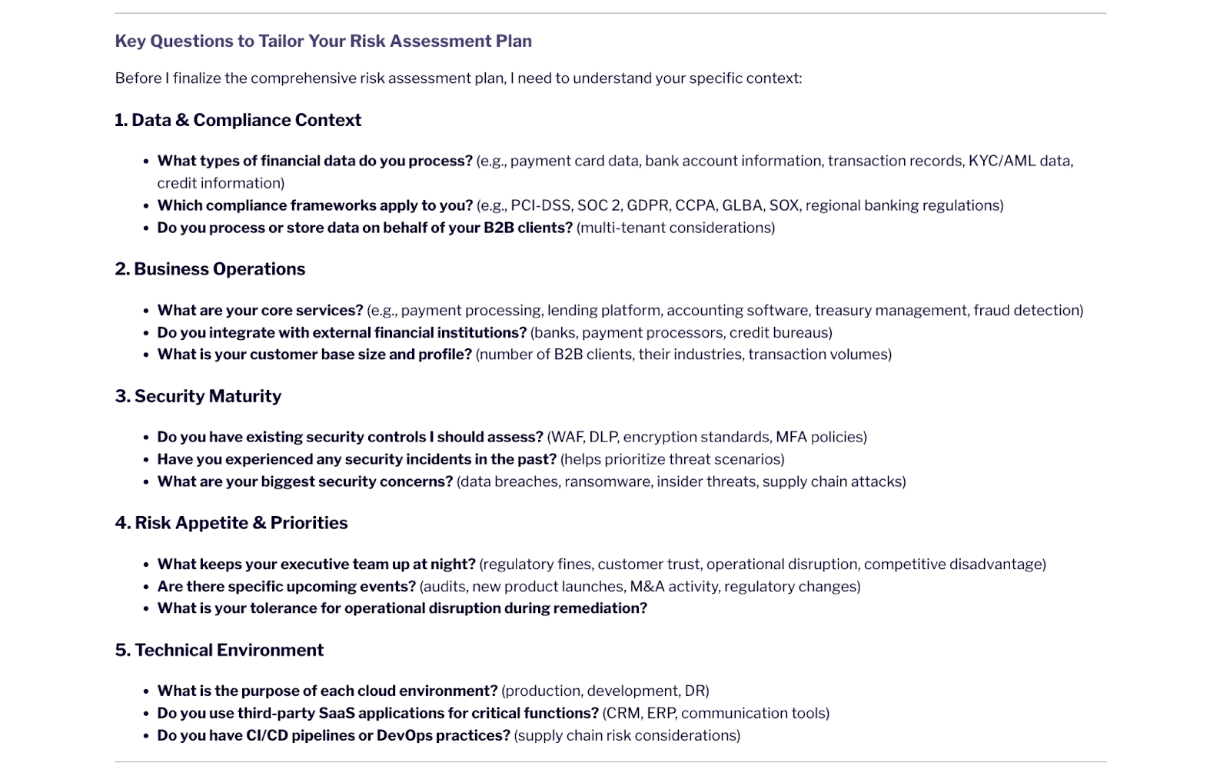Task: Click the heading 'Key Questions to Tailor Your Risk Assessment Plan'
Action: pyautogui.click(x=323, y=41)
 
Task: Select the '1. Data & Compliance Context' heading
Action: pyautogui.click(x=238, y=120)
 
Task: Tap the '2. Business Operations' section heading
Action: pyautogui.click(x=210, y=269)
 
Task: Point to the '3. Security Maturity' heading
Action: pyautogui.click(x=198, y=396)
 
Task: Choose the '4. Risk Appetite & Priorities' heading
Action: pyautogui.click(x=231, y=523)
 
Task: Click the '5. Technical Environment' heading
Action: pyautogui.click(x=219, y=650)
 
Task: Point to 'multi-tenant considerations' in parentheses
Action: pyautogui.click(x=676, y=228)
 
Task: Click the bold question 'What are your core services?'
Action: pyautogui.click(x=260, y=310)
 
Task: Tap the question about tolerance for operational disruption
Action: pyautogui.click(x=402, y=608)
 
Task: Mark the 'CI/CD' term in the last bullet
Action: pyautogui.click(x=266, y=735)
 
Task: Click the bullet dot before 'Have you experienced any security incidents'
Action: pyautogui.click(x=146, y=460)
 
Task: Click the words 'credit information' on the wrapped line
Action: pyautogui.click(x=221, y=183)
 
